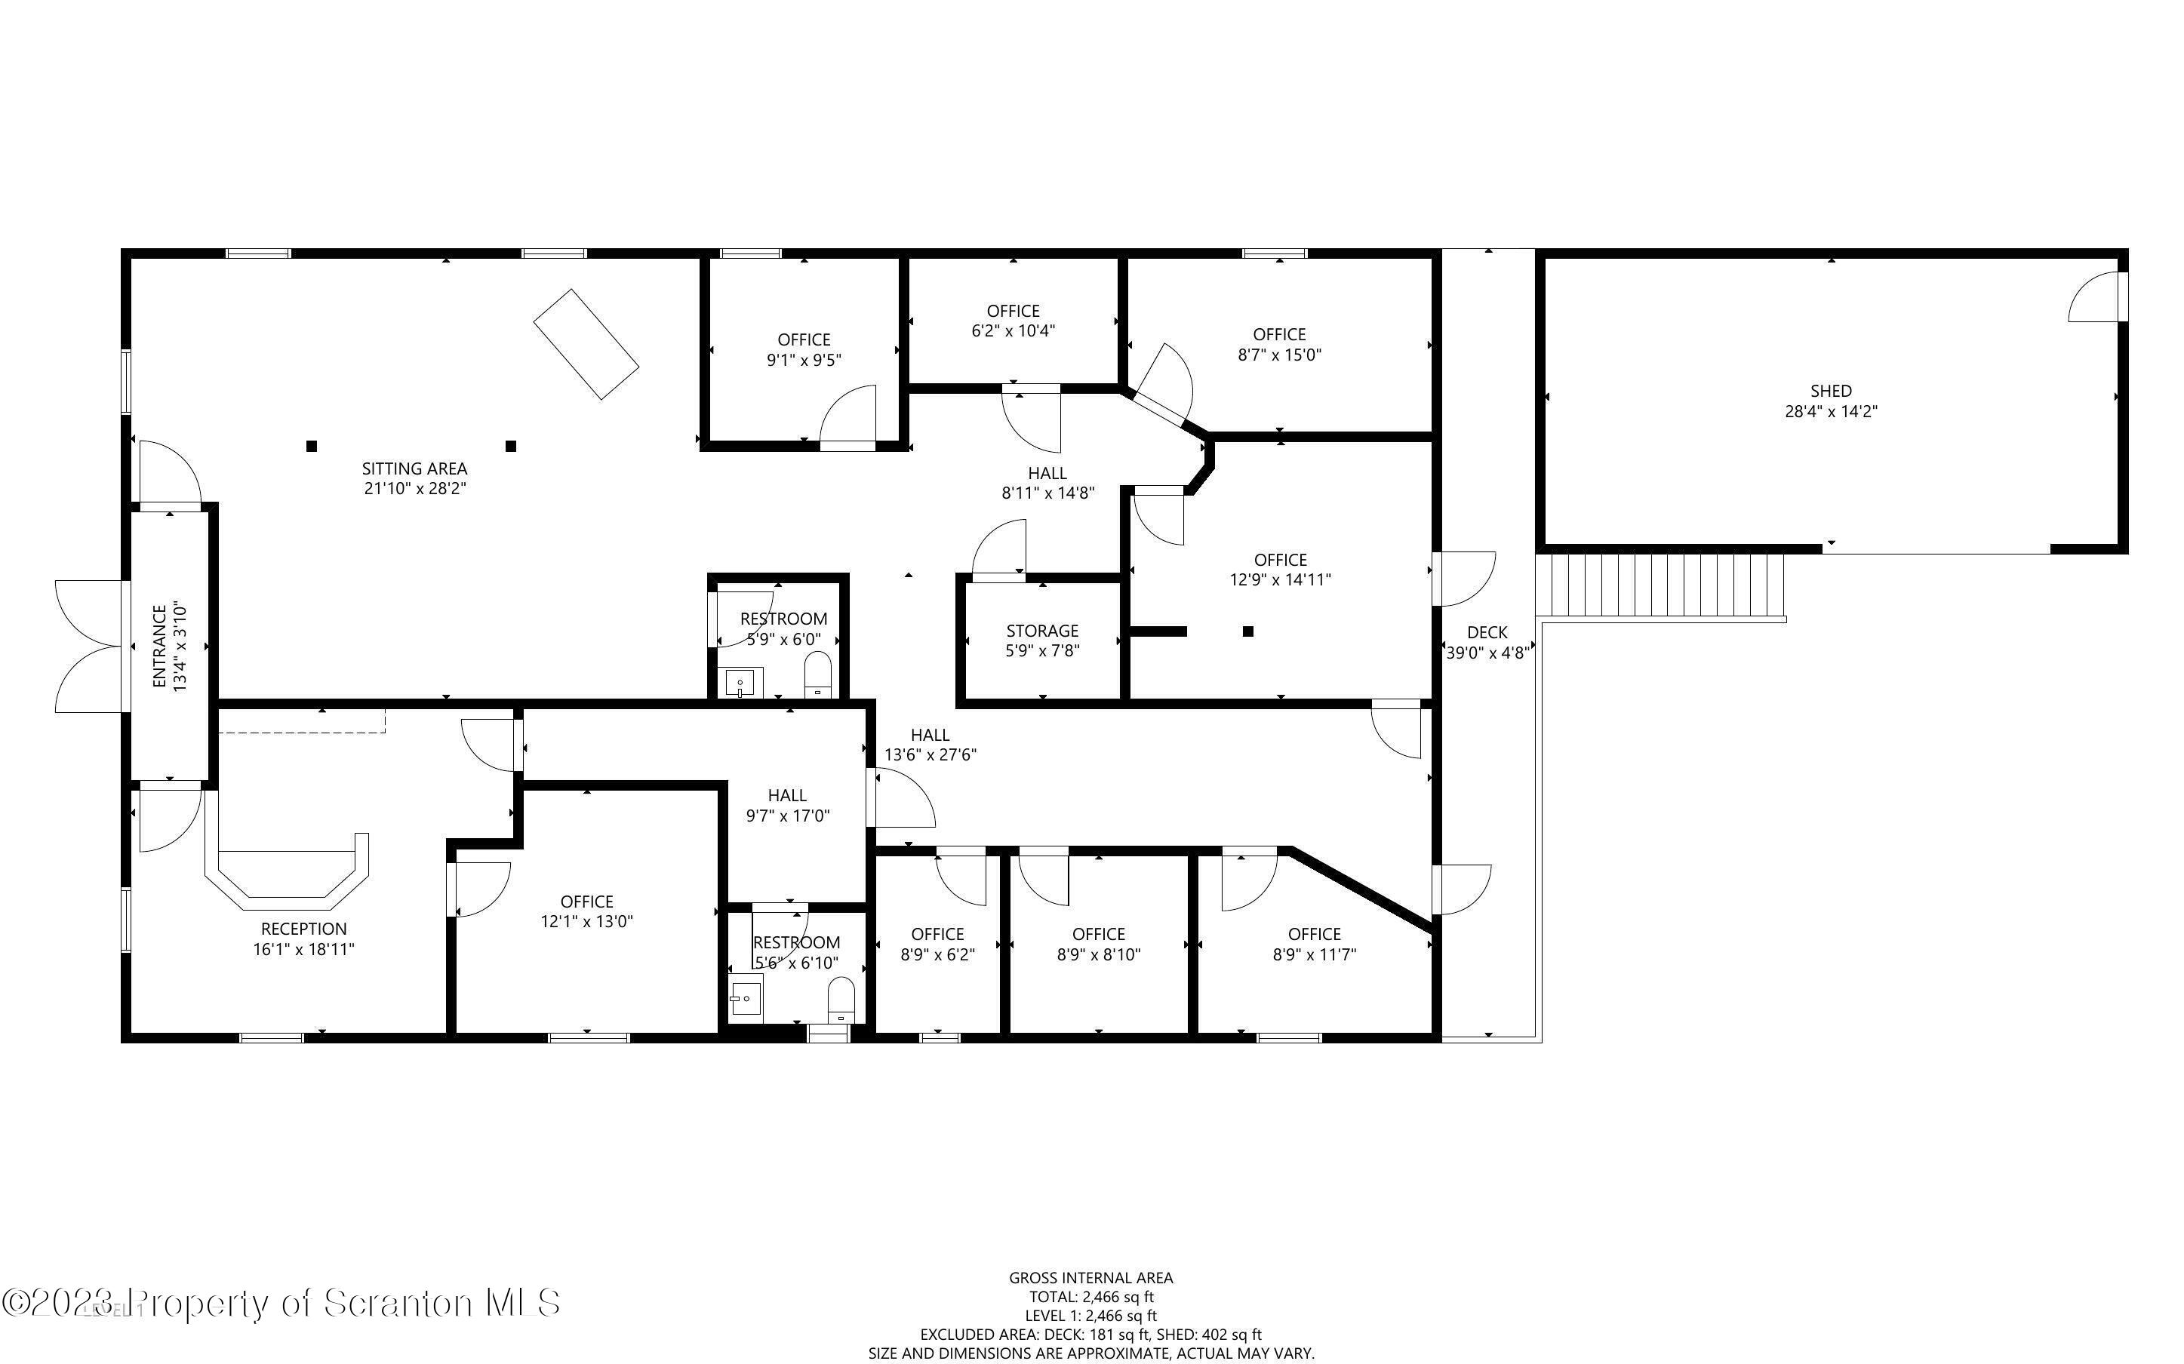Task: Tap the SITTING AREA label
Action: pos(414,468)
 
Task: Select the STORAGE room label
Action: pos(1042,631)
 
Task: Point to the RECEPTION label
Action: pos(304,928)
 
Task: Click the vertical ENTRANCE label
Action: pos(160,646)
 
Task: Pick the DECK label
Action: pos(1487,632)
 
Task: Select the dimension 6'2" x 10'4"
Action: pos(1013,330)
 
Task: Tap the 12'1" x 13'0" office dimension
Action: pos(586,921)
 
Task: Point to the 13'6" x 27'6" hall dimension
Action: pos(930,754)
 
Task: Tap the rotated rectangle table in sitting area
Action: pos(586,344)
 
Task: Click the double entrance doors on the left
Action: pos(88,646)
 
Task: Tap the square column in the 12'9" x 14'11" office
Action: pos(1248,631)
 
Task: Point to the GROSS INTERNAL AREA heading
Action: pos(1090,1277)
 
